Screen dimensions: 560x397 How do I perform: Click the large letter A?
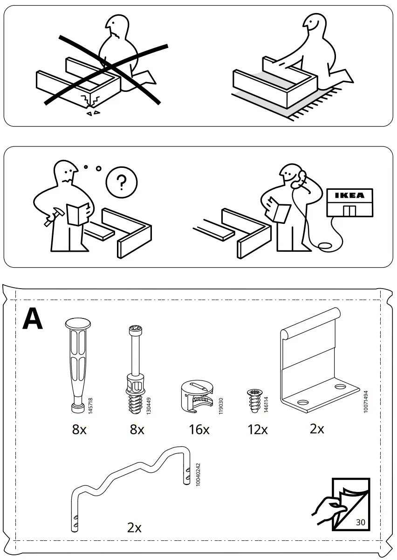pos(33,318)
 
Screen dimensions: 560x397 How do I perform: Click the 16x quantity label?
pos(199,429)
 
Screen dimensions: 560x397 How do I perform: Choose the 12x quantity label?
pos(257,429)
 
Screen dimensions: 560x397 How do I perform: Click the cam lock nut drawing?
pos(198,394)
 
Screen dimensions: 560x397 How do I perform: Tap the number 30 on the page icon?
pos(360,522)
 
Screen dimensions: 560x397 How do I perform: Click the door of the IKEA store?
pos(349,210)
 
